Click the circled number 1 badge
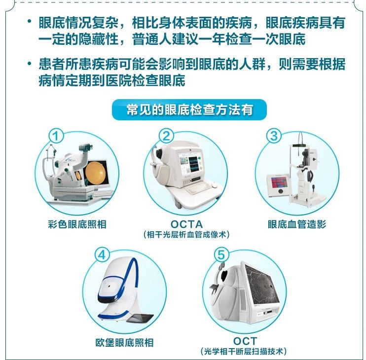(56, 136)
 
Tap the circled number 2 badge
(166, 136)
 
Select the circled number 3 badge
(274, 136)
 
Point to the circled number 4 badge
(102, 255)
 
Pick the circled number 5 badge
(221, 254)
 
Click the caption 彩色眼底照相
(77, 224)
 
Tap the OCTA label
(186, 224)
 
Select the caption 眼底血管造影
(297, 224)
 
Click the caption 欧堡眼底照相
(125, 343)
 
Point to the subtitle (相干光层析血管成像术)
(186, 234)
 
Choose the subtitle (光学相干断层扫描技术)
(244, 351)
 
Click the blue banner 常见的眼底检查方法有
(189, 109)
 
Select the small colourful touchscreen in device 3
(279, 182)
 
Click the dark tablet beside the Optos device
(140, 318)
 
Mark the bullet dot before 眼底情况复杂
(29, 22)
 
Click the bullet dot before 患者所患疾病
(29, 63)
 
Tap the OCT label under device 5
(245, 341)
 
